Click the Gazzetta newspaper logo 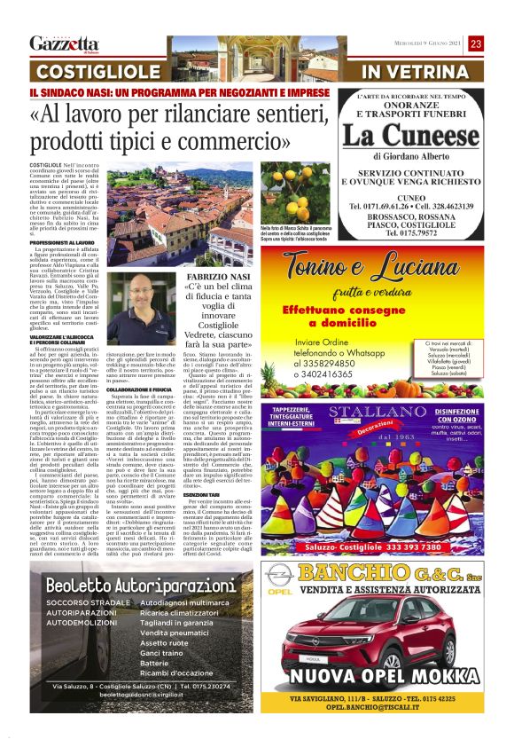(63, 44)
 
